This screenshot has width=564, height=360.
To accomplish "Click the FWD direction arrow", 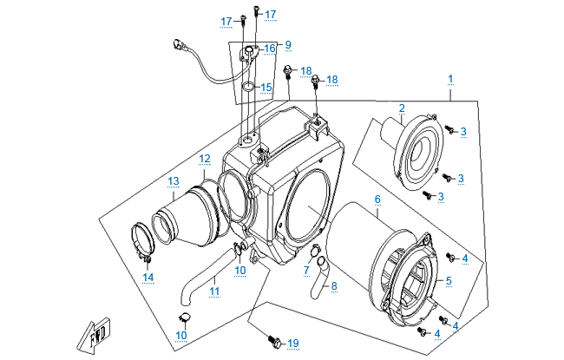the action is tap(94, 335).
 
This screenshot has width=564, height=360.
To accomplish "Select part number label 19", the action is tap(293, 344).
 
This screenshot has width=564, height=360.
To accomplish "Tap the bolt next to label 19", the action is tap(274, 340).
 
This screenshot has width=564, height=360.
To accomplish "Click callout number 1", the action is tap(450, 79).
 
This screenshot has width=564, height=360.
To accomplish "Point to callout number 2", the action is tap(402, 108).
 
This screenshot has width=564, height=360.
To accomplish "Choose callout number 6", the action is tap(377, 199).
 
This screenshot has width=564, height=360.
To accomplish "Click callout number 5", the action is tap(449, 281).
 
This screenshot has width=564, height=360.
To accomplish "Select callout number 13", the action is tap(174, 181).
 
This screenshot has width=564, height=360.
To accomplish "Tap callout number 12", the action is tap(205, 158).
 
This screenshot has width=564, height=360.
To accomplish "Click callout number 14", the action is tap(148, 278).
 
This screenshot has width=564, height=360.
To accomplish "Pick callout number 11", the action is tap(214, 291).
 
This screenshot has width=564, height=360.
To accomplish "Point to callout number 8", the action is tap(334, 286).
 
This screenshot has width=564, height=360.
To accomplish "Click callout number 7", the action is tap(306, 270).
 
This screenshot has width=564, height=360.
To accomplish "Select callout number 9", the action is tap(288, 45).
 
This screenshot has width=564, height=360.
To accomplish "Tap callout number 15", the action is tap(266, 88).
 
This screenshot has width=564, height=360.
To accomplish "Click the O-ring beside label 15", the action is tap(248, 87).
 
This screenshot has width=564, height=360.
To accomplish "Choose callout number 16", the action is tap(270, 49).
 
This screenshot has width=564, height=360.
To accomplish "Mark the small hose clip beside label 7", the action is tap(315, 250).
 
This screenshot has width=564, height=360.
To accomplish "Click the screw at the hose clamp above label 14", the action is tap(148, 259).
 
